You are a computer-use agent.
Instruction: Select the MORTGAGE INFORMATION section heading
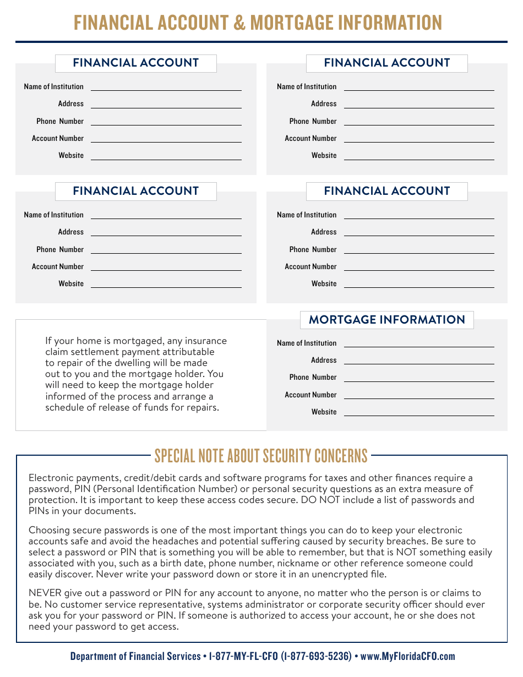[x=386, y=320]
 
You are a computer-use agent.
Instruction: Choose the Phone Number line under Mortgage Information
[x=418, y=378]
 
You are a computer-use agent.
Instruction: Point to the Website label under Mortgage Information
[x=324, y=412]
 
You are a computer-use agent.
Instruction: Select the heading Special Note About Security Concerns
[x=261, y=456]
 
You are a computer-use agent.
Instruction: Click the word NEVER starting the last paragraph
[x=45, y=593]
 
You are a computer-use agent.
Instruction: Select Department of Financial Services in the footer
[x=135, y=656]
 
